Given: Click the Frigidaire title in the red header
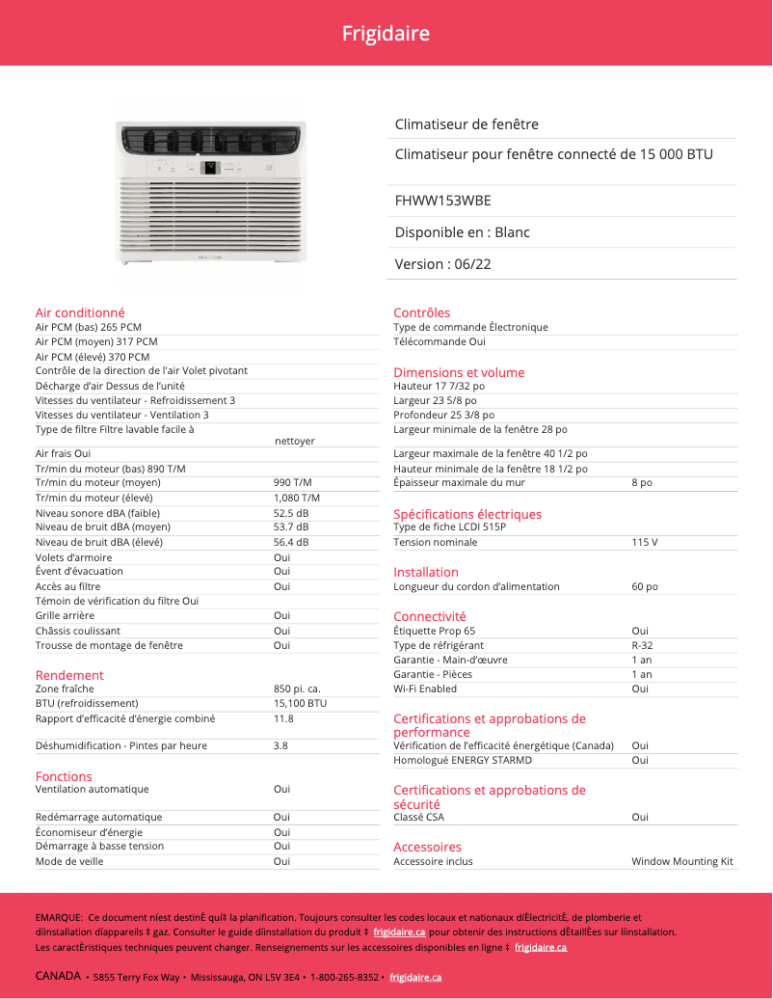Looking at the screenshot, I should coord(386,34).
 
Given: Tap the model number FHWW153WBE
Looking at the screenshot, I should coord(442,201).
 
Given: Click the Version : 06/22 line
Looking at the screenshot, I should coord(442,264).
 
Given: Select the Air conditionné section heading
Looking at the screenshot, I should coord(80,312).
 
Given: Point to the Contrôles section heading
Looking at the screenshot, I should coord(421,312).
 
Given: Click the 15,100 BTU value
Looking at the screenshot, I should coord(300,704).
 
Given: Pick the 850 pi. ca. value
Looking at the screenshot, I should coord(297,689).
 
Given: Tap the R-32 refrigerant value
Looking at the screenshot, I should coord(642,645).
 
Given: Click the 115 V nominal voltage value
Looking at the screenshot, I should coord(645,542).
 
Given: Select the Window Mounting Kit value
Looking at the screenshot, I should coord(682,861).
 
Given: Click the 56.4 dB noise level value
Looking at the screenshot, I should coord(291,542).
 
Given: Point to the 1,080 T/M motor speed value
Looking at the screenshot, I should coord(297,498).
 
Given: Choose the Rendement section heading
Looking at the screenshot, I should coord(69,675).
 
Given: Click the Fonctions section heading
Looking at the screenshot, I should coord(64,776).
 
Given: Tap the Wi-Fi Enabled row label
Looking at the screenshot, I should coord(425,689).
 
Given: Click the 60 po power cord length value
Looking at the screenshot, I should coord(645,586).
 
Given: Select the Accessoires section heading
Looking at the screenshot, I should coord(427,847).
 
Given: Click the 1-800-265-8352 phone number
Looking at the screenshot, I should coord(344,977).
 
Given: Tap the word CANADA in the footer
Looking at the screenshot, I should coord(58,976).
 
